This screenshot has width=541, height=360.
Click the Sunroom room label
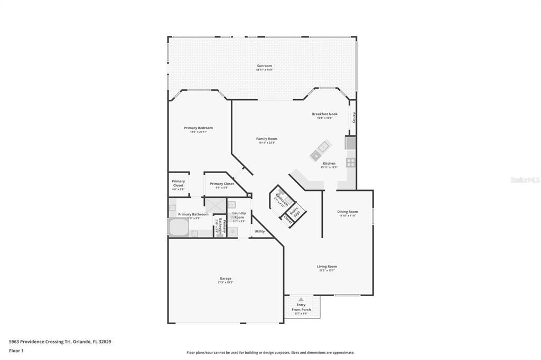[264, 66]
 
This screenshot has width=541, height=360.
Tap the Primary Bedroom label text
[198, 128]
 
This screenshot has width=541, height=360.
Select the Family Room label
[267, 139]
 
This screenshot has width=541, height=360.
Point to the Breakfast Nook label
[324, 114]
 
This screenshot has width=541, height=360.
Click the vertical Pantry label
[354, 118]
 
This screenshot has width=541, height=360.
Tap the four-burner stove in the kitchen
[350, 162]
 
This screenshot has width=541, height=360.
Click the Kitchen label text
[329, 164]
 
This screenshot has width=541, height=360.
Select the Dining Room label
[348, 212]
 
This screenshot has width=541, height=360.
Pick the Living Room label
[327, 267]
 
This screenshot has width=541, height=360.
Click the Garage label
[226, 278]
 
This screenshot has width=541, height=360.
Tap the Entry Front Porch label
[301, 307]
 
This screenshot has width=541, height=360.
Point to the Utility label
[259, 231]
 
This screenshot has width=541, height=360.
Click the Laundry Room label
[239, 215]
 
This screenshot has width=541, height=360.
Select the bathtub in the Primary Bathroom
[178, 228]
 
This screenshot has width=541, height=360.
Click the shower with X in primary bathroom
[215, 205]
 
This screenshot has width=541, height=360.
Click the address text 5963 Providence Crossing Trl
[60, 342]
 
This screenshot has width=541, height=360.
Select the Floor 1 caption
[16, 350]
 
